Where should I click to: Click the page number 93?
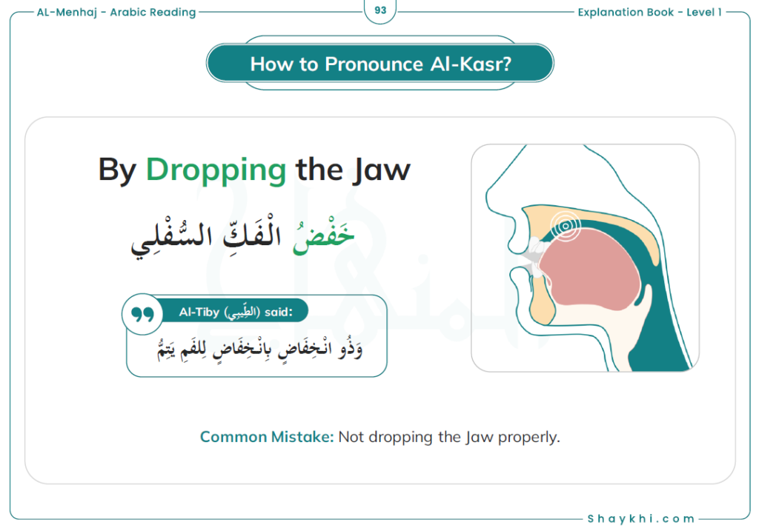tap(380, 10)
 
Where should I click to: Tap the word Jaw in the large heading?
tap(382, 170)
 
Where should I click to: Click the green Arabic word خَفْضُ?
tap(323, 235)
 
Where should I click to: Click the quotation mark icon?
tap(142, 314)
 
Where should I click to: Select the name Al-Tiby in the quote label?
tap(199, 313)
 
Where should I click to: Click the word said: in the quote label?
tap(279, 313)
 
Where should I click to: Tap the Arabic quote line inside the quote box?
tap(260, 349)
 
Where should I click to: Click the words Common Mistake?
tap(267, 437)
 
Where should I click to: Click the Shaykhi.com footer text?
tap(641, 519)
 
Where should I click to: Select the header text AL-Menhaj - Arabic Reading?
tap(116, 12)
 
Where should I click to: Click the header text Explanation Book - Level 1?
tap(649, 12)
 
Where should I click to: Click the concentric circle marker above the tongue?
tap(565, 226)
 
